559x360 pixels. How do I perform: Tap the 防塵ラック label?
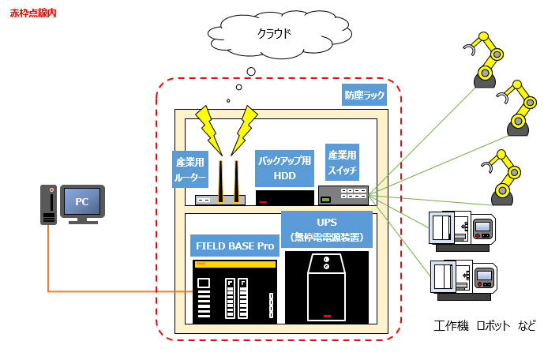[364, 95]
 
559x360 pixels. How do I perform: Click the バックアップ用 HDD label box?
[284, 167]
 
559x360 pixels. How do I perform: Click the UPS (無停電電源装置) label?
[326, 227]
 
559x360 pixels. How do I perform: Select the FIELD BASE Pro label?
[234, 246]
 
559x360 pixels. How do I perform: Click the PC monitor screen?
[82, 202]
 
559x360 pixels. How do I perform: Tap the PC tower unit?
[50, 205]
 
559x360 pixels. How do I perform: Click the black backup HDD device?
[285, 198]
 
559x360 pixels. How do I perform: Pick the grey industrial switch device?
[343, 195]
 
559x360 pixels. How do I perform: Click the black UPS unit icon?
[327, 288]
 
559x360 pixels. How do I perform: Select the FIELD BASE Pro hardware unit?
[234, 291]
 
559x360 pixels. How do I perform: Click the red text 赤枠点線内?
[33, 14]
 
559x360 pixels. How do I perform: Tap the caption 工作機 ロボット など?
[485, 325]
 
